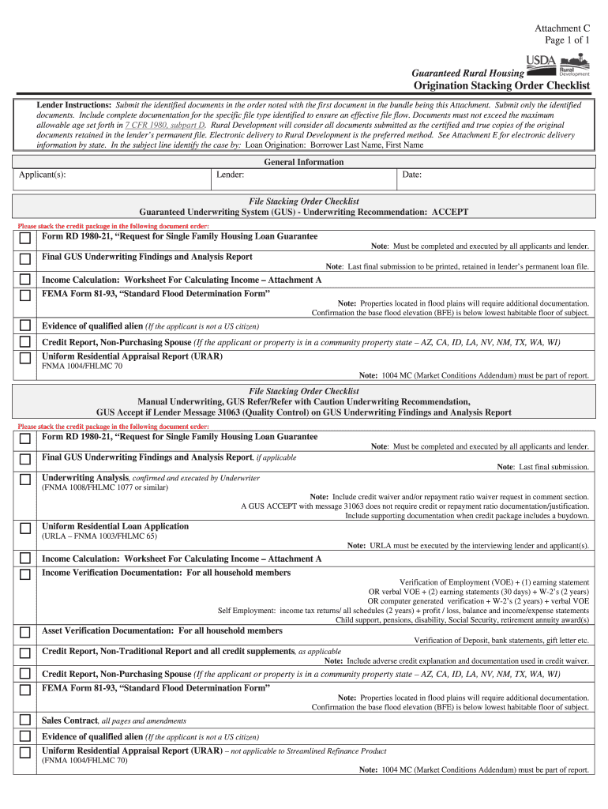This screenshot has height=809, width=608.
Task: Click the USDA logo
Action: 541,62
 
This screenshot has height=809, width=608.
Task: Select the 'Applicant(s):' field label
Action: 43,175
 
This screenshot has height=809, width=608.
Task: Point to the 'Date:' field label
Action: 412,175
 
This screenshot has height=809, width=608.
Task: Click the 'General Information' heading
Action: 304,162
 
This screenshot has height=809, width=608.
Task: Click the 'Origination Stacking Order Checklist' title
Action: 502,85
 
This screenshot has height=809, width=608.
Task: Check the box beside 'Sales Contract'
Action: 26,721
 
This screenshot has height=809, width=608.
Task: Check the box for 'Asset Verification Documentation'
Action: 26,632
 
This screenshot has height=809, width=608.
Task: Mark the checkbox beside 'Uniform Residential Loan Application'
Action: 26,528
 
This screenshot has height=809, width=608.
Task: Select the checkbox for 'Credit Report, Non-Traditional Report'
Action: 26,653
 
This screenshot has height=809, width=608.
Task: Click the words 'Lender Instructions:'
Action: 75,105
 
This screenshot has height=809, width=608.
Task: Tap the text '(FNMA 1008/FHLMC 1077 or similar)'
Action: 104,487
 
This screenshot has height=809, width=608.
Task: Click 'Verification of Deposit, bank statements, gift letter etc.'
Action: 501,640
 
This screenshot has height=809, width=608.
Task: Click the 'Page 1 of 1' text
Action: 567,40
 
